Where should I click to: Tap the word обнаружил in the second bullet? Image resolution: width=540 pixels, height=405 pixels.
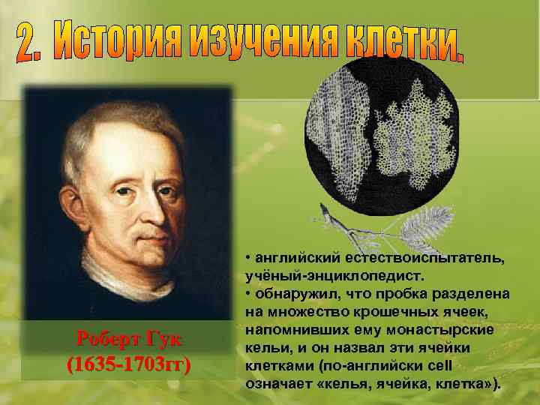293,292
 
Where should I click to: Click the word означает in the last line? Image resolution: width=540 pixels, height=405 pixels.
280,382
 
